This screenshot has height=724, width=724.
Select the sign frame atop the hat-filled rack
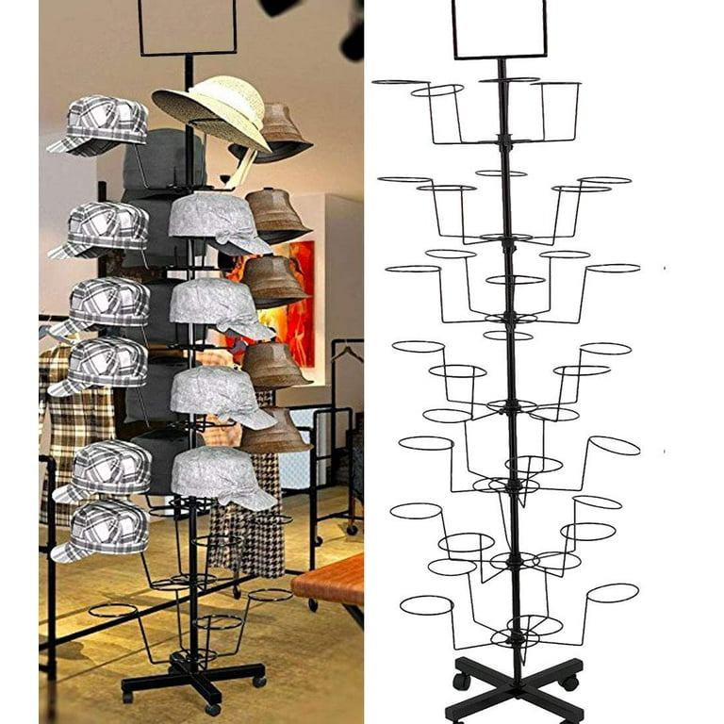(x=188, y=26)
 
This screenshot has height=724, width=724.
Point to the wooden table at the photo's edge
(x=330, y=580)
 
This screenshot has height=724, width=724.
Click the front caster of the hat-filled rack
(x=213, y=708)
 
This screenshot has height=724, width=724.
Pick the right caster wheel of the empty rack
(x=568, y=683)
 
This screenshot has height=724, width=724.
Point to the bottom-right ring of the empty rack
(x=613, y=593)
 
